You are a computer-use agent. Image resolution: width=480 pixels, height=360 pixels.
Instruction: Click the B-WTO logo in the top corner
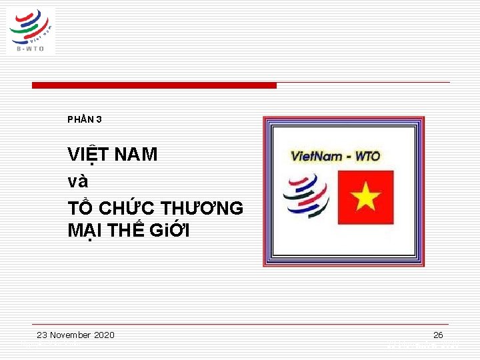pos(31,30)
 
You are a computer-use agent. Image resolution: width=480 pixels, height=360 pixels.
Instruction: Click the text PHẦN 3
pos(85,120)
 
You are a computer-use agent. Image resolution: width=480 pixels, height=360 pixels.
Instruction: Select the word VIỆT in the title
pos(88,155)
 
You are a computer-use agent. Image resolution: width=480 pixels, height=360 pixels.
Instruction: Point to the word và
pos(78,181)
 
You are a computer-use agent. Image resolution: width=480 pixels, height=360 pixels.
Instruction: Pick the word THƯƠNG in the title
pos(203,208)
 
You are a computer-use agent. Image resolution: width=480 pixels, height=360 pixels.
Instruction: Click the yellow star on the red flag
pos(365,197)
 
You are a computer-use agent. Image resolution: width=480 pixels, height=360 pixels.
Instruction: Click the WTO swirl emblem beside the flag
pos(306,195)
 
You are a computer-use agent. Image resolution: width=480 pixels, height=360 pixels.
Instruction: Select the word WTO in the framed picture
pos(367,157)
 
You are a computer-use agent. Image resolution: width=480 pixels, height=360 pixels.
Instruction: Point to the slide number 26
pos(438,335)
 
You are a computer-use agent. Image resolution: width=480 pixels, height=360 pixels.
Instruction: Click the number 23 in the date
pos(42,335)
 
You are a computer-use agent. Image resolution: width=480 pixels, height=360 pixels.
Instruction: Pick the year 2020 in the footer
pos(104,335)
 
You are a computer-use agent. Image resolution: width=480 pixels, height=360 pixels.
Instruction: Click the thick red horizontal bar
pos(154,85)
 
